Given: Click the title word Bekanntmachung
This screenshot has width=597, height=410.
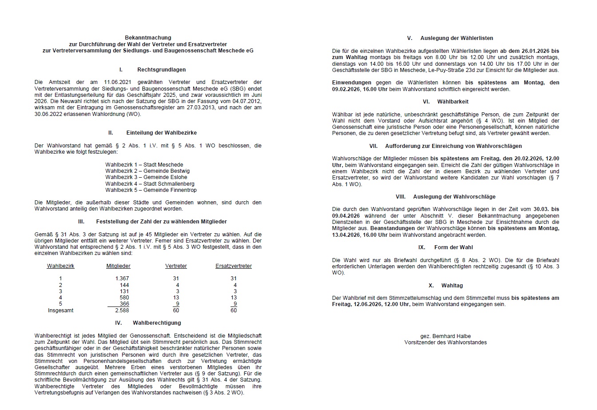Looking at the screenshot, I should tap(148, 38).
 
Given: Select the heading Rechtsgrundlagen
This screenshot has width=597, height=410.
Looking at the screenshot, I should tap(161, 70).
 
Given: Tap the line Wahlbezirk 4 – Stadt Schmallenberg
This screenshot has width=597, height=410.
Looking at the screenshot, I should tap(150, 183).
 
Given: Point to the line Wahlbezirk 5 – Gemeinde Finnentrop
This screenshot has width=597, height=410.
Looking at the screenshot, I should tap(151, 190).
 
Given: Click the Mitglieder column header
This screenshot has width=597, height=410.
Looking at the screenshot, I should tap(118, 266).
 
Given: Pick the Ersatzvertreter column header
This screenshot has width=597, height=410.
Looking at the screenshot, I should tap(233, 266).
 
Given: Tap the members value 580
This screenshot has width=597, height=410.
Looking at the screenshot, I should tap(124, 298).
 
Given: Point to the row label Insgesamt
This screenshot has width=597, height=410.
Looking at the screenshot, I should tap(60, 310).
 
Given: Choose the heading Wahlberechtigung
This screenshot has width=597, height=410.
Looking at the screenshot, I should tap(157, 323).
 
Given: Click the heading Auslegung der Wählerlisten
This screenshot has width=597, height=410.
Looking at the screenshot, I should tap(457, 38).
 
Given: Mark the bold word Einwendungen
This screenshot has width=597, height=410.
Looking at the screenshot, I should tap(351, 83).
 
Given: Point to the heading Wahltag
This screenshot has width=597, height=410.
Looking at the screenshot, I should tap(452, 286).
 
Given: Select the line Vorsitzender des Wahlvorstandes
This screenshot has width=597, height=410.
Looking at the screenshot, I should tap(445, 342).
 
